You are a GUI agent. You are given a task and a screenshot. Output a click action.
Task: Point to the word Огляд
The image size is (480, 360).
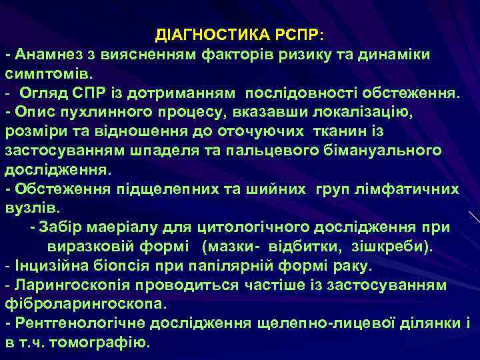point(45,91)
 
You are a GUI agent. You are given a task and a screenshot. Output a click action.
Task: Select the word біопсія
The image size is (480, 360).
point(129,266)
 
